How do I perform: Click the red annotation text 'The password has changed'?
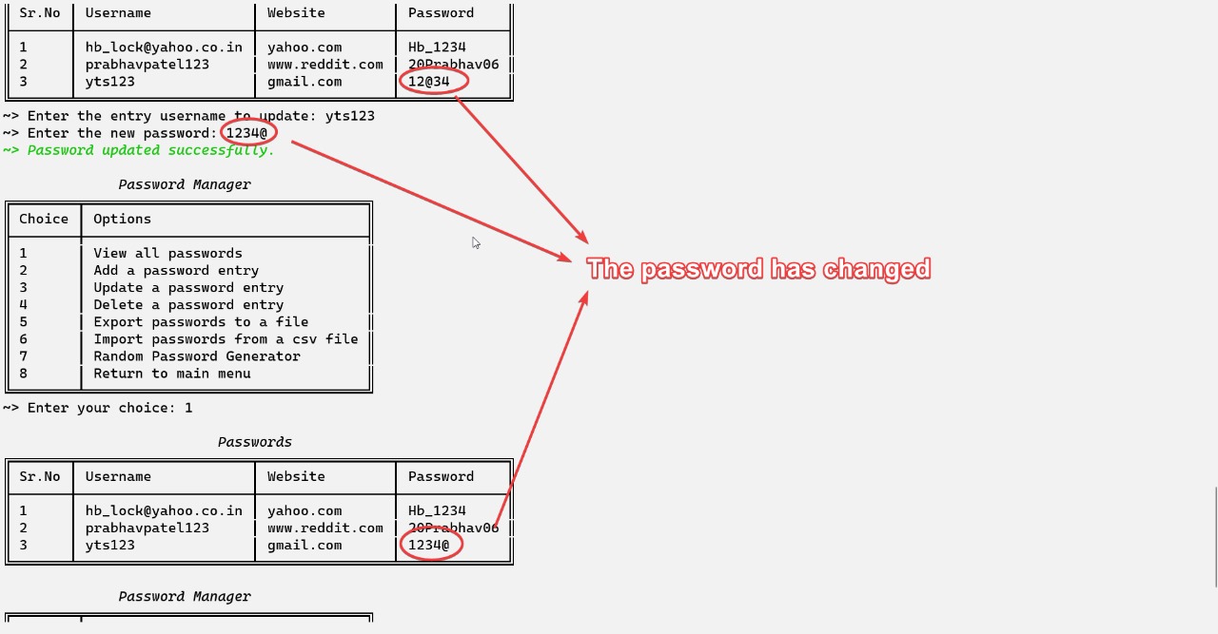point(758,269)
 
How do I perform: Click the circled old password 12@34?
point(429,82)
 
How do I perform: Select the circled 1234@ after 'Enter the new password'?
point(247,133)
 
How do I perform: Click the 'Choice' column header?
point(44,219)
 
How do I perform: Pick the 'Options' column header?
point(122,219)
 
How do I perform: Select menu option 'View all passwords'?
point(167,253)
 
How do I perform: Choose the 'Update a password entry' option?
point(188,287)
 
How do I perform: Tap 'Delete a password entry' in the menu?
point(188,304)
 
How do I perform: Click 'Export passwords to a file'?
point(201,321)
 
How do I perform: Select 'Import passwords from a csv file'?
point(226,338)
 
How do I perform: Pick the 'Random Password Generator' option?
point(197,355)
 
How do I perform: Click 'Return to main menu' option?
point(172,373)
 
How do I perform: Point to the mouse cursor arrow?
point(475,242)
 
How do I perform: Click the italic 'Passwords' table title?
point(254,442)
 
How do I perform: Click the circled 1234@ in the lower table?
point(429,545)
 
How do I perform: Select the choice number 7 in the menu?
point(23,355)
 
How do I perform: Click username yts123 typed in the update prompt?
point(349,116)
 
